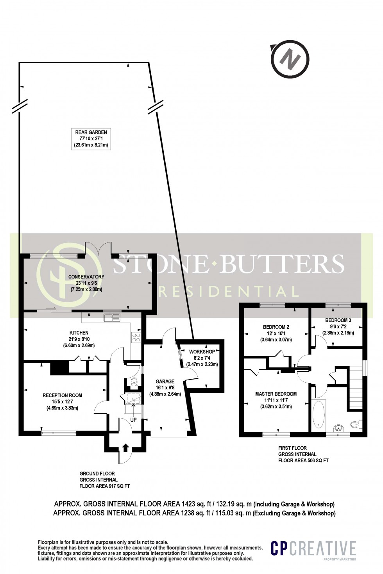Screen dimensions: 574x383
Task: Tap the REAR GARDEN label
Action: click(91, 139)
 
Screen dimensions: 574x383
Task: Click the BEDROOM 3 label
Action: click(338, 327)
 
